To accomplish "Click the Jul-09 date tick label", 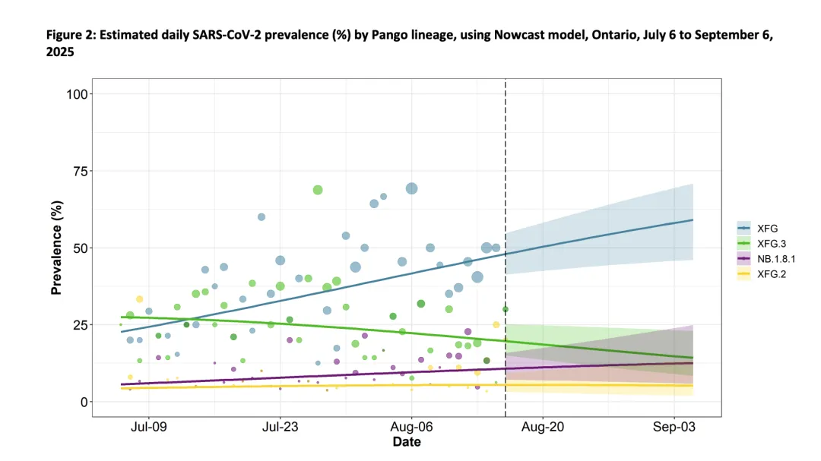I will coord(148,428).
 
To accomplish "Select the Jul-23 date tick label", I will coord(281,428).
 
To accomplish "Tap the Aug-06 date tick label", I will coord(411,428).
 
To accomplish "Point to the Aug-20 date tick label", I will coord(544,428).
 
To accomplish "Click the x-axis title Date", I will coord(407,442).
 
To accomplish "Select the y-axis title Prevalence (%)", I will coord(56,248).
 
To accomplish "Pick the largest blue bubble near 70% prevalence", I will coord(412,188).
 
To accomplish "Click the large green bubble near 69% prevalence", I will coord(318,190).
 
